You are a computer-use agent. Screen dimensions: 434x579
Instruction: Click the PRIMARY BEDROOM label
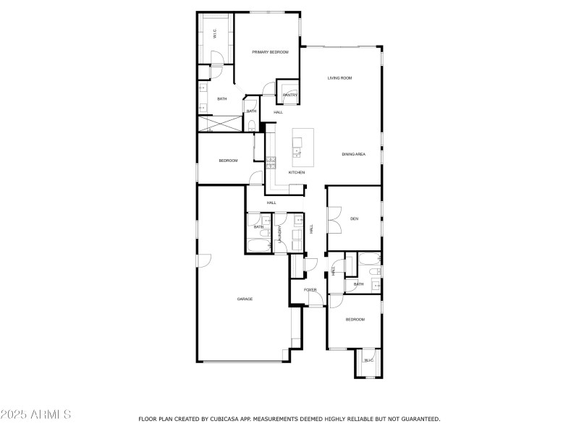point(270,52)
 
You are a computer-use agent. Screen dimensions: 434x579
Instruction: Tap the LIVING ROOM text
point(339,78)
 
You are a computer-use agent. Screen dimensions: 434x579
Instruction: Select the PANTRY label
point(290,95)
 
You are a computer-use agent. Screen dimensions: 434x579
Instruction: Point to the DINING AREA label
point(353,154)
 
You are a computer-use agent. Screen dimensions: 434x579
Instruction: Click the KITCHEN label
point(297,172)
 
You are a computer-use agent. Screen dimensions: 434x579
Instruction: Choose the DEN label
point(354,218)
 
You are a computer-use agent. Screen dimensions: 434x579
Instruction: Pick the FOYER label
point(310,290)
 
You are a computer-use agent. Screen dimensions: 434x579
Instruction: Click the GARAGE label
point(245,299)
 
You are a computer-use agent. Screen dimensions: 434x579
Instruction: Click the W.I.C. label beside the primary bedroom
point(215,33)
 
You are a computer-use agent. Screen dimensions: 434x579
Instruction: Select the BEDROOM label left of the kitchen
point(228,161)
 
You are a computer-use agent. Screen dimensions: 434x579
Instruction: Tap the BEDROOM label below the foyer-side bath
point(355,320)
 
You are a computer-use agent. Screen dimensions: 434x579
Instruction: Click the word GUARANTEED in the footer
point(419,419)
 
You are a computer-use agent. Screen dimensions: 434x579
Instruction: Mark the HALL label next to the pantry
point(278,112)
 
